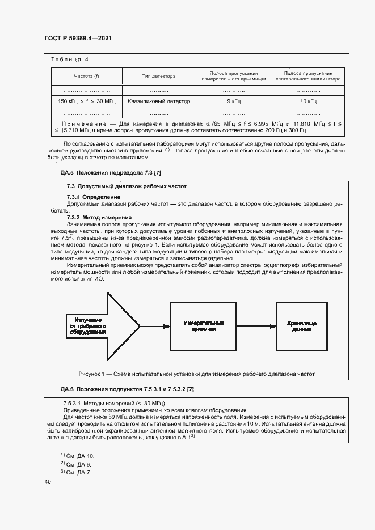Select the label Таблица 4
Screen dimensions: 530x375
pos(70,60)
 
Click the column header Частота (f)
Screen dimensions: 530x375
pos(86,76)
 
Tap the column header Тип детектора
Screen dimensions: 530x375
pos(159,76)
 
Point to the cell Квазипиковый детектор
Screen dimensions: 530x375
pos(159,101)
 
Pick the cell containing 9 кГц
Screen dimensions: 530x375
pos(234,101)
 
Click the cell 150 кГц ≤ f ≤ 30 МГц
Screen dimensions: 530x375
pos(86,101)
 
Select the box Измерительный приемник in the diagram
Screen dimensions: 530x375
pos(203,327)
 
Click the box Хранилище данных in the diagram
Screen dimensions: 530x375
pos(301,327)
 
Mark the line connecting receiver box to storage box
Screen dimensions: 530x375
pos(256,327)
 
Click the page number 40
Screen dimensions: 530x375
pos(48,481)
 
